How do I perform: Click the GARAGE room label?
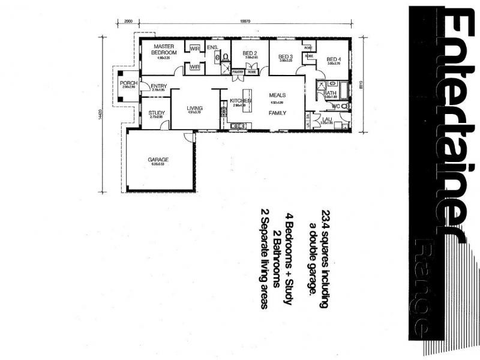tap(158, 160)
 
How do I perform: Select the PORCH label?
tap(128, 83)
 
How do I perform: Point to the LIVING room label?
tap(194, 108)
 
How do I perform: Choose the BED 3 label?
tap(285, 56)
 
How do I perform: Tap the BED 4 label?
tap(334, 59)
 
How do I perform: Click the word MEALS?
tap(277, 95)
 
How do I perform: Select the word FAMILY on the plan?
tap(277, 113)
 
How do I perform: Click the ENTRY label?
tap(159, 86)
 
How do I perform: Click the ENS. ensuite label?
tap(212, 47)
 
